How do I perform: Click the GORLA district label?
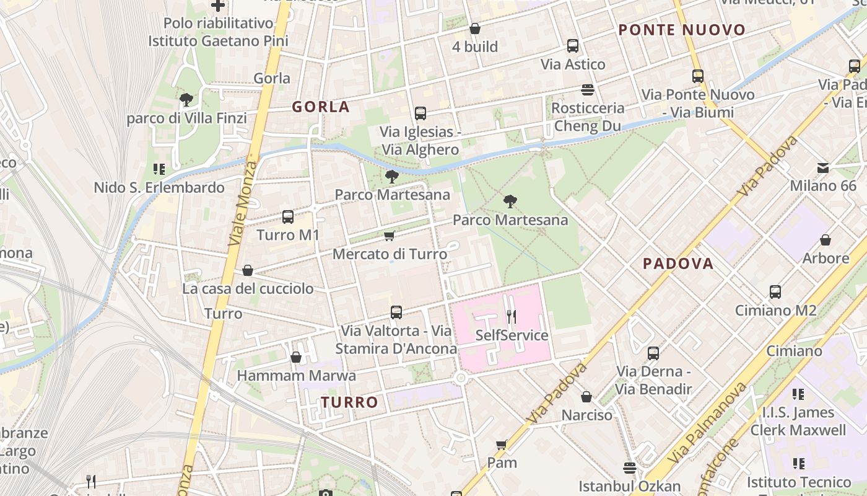pos(321,107)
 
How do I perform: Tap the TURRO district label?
pos(349,402)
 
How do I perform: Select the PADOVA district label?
pos(678,263)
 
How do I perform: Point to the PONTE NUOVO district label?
pos(682,30)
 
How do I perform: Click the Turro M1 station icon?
pos(288,217)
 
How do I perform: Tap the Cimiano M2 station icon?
pos(775,291)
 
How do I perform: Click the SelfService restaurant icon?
pos(511,317)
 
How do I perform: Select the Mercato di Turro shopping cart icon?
pos(390,236)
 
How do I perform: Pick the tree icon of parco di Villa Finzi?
pos(186,99)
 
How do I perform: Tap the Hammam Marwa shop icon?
pos(296,357)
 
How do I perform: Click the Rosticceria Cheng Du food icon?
pos(588,90)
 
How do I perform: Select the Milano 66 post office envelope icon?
pos(823,167)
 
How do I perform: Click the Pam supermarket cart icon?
pos(502,445)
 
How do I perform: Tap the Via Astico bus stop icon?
pos(573,45)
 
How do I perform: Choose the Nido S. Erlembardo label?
pos(159,187)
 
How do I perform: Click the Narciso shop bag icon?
pos(586,396)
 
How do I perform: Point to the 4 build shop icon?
pos(475,29)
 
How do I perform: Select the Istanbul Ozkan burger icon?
pos(630,467)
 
